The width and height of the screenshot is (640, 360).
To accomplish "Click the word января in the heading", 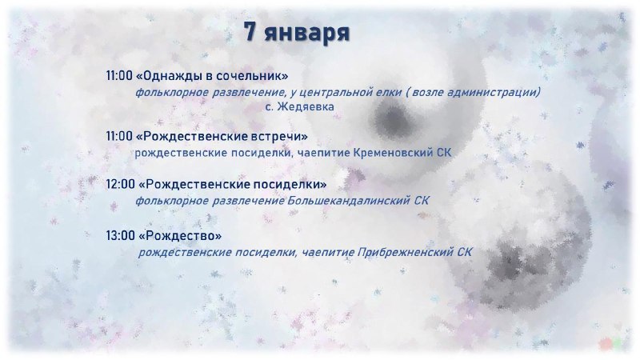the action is [x=307, y=33].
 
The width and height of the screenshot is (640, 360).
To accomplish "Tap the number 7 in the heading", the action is [x=250, y=31].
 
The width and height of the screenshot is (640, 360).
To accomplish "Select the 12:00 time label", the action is [x=121, y=184].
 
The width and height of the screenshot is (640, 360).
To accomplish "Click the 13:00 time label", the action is [x=121, y=235].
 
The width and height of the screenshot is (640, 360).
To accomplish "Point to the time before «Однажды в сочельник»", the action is [x=119, y=75].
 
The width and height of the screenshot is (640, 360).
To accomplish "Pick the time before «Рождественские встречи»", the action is [x=119, y=136].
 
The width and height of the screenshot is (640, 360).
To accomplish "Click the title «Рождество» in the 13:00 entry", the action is [x=180, y=235].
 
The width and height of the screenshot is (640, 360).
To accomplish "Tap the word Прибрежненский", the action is [x=406, y=252].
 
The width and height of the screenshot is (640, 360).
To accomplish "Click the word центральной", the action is [x=339, y=93].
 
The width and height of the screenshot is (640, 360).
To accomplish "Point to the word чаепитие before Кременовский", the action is [x=324, y=153].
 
